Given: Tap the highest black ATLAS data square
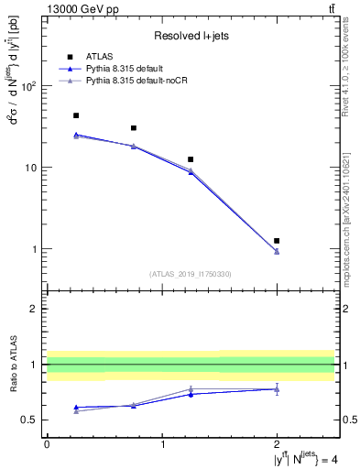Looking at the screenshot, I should pos(76,116).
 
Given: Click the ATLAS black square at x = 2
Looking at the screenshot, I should pos(277,241).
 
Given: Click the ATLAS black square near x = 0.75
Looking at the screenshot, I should pos(134,128).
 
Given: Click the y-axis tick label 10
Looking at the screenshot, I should pos(31,168).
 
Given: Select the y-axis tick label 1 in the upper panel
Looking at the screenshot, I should pos(34,249).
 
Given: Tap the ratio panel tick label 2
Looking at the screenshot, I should pos(34,309).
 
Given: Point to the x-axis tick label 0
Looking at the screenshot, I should pos(47,444).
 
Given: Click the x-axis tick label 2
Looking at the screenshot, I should pos(277,444).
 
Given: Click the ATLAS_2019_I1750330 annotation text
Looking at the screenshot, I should pos(191,274).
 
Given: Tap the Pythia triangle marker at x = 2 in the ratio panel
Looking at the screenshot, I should pos(277,389).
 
